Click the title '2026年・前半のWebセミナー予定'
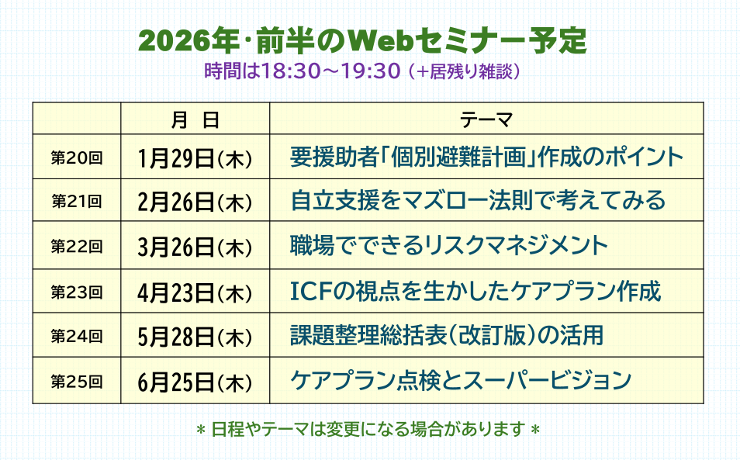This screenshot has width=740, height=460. pos(362,41)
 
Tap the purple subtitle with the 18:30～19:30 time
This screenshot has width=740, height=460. pos(362,71)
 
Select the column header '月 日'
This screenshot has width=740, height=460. pos(195,119)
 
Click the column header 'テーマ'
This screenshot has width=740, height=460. pos(486,119)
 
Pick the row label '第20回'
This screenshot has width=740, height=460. pos(77,157)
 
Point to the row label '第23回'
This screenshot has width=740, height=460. pos(77,292)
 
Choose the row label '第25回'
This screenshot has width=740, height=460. pos(77,381)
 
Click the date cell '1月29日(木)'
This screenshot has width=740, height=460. pos(195,158)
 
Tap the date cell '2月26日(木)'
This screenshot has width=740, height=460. pos(195,202)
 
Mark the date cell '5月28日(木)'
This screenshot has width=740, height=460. pos(195,337)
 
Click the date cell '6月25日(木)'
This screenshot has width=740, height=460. pos(195,382)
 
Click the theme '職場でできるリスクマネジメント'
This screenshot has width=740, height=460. pos(449,245)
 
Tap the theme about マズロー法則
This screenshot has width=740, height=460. pos(478,200)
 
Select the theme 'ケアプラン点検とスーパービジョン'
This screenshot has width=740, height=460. pos(461,380)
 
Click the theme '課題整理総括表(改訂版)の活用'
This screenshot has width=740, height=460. pos(447,335)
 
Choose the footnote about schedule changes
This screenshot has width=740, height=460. pos(368,429)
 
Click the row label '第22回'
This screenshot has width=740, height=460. pos(77,246)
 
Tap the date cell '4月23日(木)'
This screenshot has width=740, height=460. pos(195,293)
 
